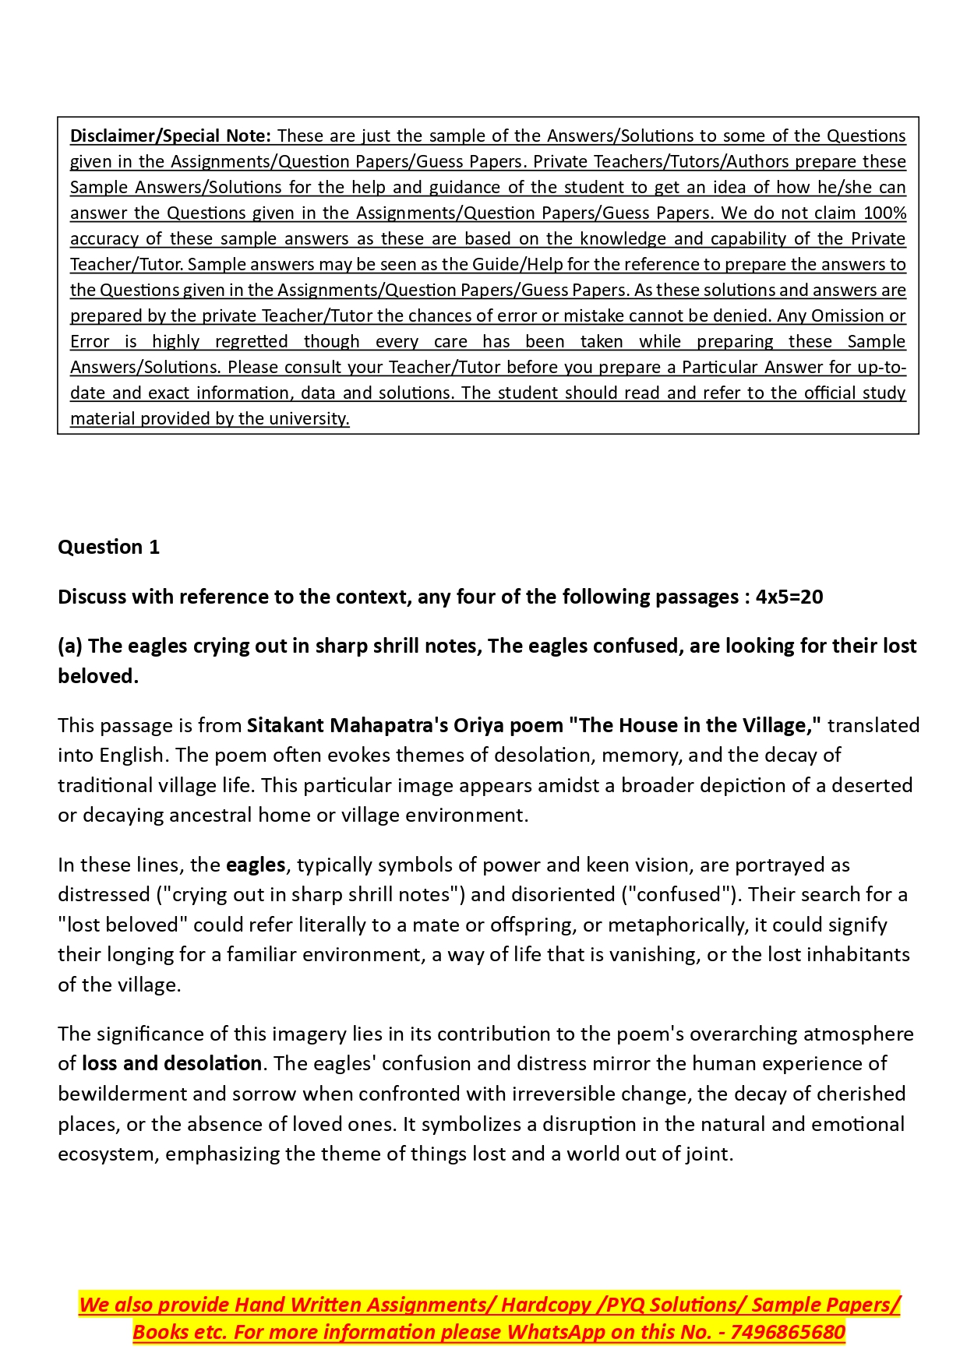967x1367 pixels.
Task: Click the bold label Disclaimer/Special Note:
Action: pyautogui.click(x=170, y=136)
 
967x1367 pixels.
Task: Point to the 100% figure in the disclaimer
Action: pyautogui.click(x=884, y=213)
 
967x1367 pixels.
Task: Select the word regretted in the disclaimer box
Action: pyautogui.click(x=251, y=341)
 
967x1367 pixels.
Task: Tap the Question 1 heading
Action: pyautogui.click(x=108, y=547)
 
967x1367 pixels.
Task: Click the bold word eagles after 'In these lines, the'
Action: pyautogui.click(x=256, y=865)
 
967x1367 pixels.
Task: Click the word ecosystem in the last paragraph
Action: pyautogui.click(x=107, y=1154)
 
